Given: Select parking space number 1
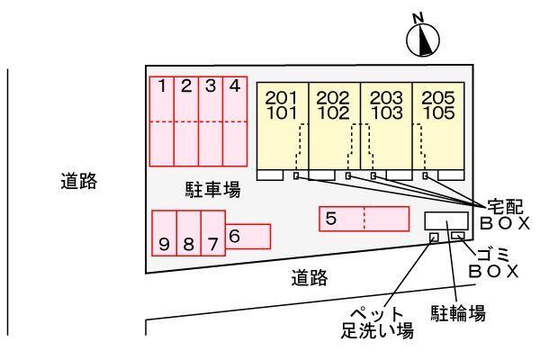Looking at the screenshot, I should tap(161, 121).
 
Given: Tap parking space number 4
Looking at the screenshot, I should tap(235, 121).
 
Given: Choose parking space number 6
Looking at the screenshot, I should tap(247, 236).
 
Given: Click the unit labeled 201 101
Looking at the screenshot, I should tap(283, 125).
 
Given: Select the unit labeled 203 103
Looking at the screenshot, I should tap(386, 125).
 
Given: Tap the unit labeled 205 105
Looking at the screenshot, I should tap(437, 125).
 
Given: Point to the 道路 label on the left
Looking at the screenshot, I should tap(80, 181).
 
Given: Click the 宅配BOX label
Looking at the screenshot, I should tap(502, 214).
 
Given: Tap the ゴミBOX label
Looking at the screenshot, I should tap(496, 261).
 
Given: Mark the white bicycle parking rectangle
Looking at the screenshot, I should tap(445, 220).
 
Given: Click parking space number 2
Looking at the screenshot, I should tap(185, 121).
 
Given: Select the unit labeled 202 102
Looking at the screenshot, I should tap(334, 125).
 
